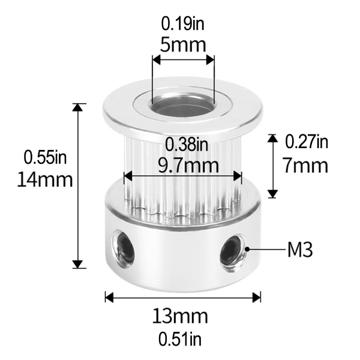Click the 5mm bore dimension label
click(x=183, y=44)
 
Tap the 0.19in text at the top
click(x=183, y=24)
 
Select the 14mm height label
click(x=46, y=179)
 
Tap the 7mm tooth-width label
click(x=306, y=164)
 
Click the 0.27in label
click(x=306, y=142)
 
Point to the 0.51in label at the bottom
click(x=182, y=339)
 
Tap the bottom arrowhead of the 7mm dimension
click(x=272, y=193)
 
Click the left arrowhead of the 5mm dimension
click(x=156, y=60)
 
